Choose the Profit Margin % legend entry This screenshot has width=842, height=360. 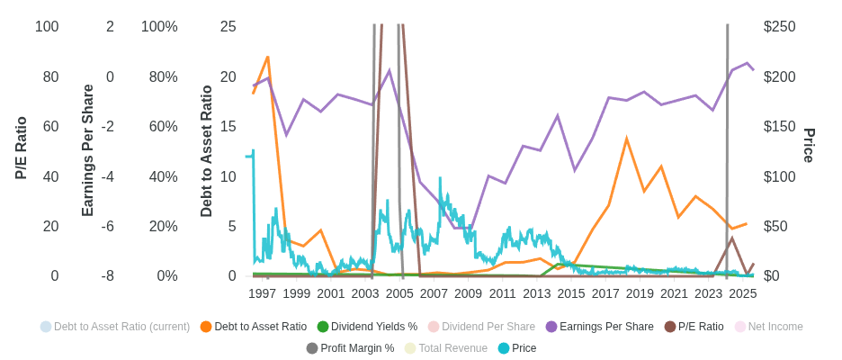[x=357, y=348]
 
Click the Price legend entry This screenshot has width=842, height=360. [x=524, y=348]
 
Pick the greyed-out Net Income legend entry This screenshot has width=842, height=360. [x=775, y=327]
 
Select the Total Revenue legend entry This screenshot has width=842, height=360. [x=452, y=348]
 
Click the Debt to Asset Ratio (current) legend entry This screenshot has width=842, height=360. [x=121, y=327]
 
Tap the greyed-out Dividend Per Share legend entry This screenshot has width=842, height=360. [x=488, y=327]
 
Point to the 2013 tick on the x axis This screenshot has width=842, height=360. [x=537, y=293]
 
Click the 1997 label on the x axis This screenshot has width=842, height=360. [x=263, y=293]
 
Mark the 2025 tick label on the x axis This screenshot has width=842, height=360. [x=743, y=293]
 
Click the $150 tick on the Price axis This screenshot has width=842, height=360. [x=781, y=127]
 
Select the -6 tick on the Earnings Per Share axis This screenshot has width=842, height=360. [x=107, y=227]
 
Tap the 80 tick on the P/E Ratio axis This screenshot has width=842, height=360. [x=51, y=77]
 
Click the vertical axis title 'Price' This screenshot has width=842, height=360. [x=809, y=145]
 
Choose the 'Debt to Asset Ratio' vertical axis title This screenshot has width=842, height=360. [x=207, y=151]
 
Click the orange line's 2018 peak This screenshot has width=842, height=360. [x=626, y=139]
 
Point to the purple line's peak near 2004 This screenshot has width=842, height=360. [x=389, y=71]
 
